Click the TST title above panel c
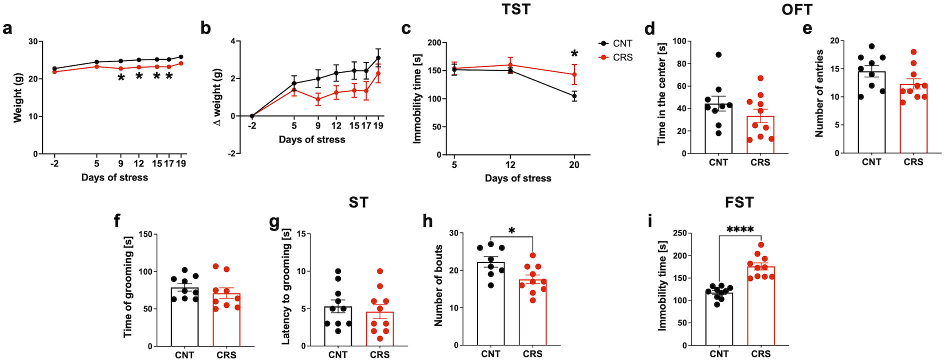pyautogui.click(x=515, y=9)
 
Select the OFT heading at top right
pyautogui.click(x=797, y=9)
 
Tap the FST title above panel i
pyautogui.click(x=739, y=202)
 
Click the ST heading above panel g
pyautogui.click(x=358, y=202)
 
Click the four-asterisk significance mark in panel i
pyautogui.click(x=740, y=230)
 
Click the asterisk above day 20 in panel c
pyautogui.click(x=574, y=54)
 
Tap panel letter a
pyautogui.click(x=7, y=28)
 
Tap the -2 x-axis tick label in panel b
pyautogui.click(x=251, y=126)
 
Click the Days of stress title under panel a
pyautogui.click(x=114, y=177)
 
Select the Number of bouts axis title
pyautogui.click(x=439, y=285)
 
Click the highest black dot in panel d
pyautogui.click(x=718, y=54)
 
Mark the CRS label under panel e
pyautogui.click(x=913, y=162)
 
